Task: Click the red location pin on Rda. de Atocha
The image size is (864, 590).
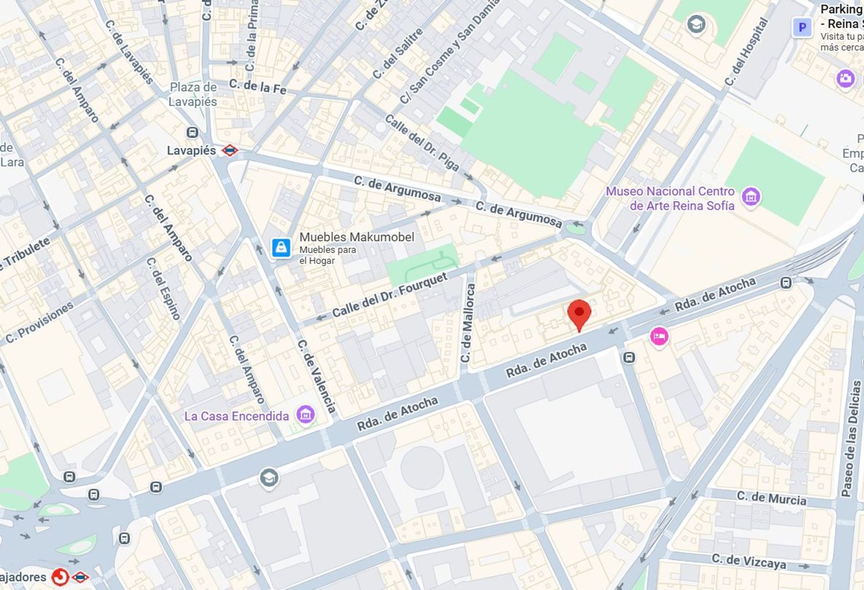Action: click(x=579, y=314)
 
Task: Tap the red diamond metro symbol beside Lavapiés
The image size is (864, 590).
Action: click(x=230, y=151)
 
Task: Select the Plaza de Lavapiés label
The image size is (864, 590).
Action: click(x=193, y=94)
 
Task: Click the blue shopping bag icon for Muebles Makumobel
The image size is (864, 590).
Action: click(x=281, y=248)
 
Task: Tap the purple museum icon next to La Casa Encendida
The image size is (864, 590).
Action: click(x=305, y=414)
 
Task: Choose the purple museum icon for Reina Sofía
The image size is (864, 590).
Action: click(x=751, y=197)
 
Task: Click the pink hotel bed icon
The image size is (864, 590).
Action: click(x=659, y=336)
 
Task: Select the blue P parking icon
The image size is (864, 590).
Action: click(x=802, y=27)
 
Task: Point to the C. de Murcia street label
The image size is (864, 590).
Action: click(x=771, y=498)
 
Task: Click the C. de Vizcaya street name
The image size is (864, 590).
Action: click(x=748, y=561)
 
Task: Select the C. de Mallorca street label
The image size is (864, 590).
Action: click(x=468, y=323)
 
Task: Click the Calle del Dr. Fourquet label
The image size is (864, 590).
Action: click(x=389, y=295)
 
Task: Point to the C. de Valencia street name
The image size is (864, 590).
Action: click(x=316, y=376)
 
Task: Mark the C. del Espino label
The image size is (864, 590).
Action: click(x=163, y=288)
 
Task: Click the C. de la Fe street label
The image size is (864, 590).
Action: click(x=257, y=86)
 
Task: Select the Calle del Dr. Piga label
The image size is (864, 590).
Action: click(x=422, y=143)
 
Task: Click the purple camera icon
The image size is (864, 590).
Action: click(x=845, y=78)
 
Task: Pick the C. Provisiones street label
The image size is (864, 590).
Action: click(x=39, y=323)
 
